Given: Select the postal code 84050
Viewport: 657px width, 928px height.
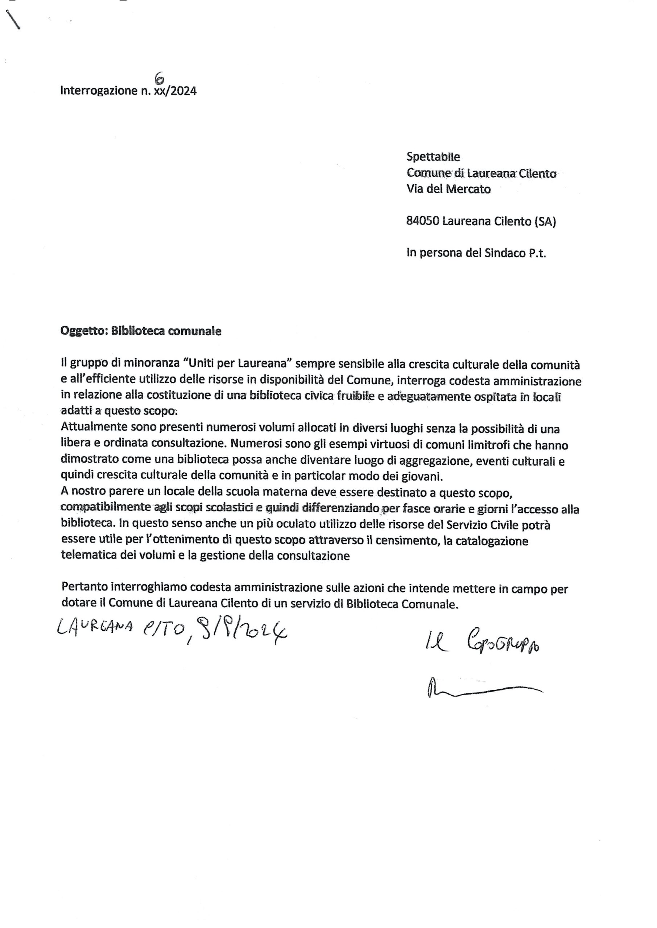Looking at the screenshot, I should [423, 221].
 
